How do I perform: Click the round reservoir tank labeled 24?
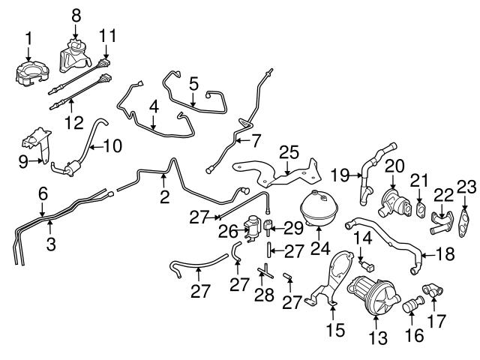pos(317,208)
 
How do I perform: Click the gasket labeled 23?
pos(466,219)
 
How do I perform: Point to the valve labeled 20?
pos(393,199)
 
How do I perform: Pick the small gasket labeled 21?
pos(421,208)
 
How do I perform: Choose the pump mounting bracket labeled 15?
pos(333,281)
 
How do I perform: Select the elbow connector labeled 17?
pos(433,291)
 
